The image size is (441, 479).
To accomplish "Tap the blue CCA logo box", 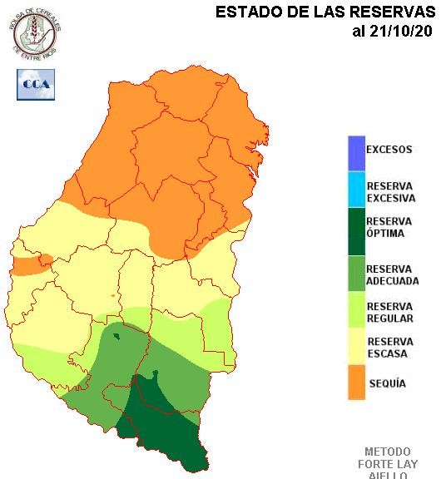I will click(35, 84).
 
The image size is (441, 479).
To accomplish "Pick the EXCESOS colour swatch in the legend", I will click(356, 152).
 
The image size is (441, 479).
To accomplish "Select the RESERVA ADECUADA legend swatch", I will click(356, 274).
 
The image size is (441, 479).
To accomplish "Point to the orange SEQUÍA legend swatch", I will click(356, 384).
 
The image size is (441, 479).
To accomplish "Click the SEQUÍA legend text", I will click(386, 384).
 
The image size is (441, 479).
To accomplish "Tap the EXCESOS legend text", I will click(389, 151).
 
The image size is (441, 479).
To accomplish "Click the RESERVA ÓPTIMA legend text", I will click(389, 228).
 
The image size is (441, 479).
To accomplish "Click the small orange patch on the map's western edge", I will click(31, 264).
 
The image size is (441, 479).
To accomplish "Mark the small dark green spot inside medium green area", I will click(117, 336).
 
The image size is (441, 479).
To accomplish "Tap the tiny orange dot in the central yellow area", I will click(113, 296).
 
